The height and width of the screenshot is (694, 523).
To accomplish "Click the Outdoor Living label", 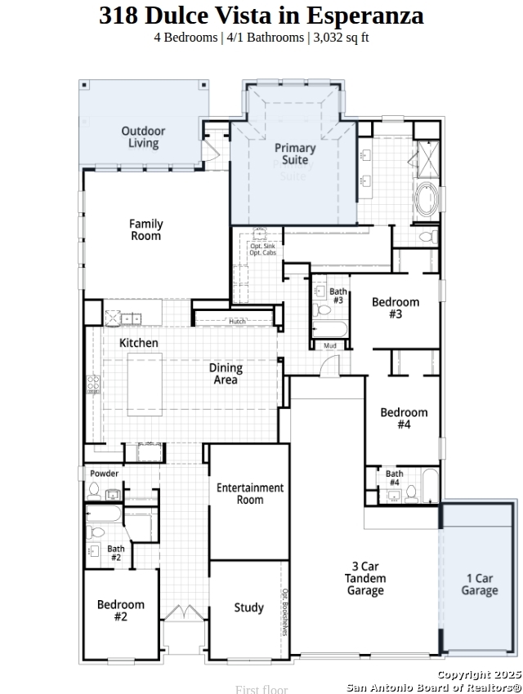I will (x=143, y=137).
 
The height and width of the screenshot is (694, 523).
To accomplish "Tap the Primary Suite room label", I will (x=294, y=153).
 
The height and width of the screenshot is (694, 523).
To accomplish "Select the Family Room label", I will (x=145, y=229).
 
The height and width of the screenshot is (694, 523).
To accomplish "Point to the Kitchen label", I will (x=139, y=343).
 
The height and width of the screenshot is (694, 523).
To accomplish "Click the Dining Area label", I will (x=226, y=374).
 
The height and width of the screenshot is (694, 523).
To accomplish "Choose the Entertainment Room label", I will (x=250, y=493).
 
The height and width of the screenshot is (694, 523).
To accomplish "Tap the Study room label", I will (x=248, y=607).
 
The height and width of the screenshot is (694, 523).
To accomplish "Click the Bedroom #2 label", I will (x=121, y=611).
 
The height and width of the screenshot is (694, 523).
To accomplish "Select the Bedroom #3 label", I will (x=396, y=308).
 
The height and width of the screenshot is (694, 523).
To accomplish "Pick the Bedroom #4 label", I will (x=404, y=418).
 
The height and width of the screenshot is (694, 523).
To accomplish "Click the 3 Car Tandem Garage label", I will (x=365, y=578).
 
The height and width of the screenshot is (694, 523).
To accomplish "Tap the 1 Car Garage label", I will (x=480, y=585).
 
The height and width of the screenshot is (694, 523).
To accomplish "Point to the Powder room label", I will (x=104, y=474).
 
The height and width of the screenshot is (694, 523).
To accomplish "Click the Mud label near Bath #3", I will (x=330, y=346).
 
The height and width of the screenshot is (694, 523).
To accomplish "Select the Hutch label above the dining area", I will (x=237, y=322).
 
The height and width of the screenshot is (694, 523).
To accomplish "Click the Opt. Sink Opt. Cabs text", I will (x=262, y=250).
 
